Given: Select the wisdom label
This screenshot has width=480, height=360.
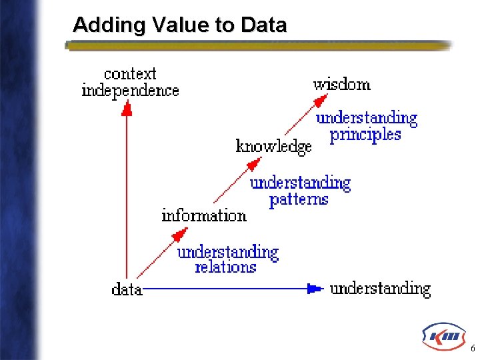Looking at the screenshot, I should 341,84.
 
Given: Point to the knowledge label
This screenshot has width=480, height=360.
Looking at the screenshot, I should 274,147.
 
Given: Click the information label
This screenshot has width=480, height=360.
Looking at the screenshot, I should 204,215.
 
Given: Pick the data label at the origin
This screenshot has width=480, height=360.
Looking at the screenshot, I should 127,289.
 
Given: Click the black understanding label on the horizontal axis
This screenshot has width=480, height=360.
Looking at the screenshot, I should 380,289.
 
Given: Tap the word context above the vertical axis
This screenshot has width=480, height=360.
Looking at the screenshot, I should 130,73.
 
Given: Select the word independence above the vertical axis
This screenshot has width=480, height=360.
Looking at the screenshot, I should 130,90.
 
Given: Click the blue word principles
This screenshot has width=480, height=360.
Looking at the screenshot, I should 365,135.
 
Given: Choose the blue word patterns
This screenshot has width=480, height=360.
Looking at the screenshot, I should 299,199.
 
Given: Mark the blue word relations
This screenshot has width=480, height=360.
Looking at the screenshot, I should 225,267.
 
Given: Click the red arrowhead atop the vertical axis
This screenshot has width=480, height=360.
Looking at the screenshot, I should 127,108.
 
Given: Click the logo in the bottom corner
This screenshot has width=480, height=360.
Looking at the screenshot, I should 443,337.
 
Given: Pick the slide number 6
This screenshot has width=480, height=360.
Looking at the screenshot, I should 473,349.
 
